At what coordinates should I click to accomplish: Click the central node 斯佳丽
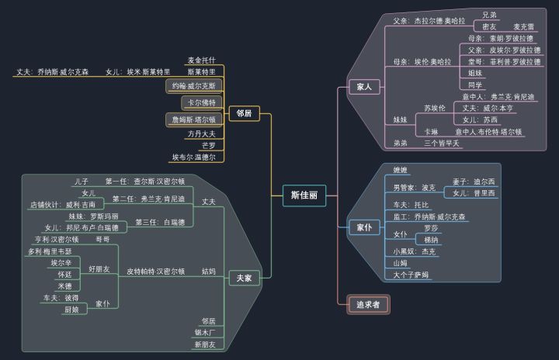(x=304, y=196)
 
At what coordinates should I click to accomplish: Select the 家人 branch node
(x=363, y=87)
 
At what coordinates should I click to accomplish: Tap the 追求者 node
(x=368, y=305)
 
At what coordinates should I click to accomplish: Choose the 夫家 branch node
(x=244, y=279)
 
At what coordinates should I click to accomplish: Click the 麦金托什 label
(x=201, y=60)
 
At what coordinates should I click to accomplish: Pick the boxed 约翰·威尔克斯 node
(x=194, y=86)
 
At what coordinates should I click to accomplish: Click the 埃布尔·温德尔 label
(x=198, y=157)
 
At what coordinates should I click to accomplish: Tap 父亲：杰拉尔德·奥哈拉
(x=429, y=21)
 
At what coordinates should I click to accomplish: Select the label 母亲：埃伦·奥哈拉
(x=422, y=61)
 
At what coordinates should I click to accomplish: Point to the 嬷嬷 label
(x=400, y=170)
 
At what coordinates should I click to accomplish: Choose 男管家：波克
(x=414, y=187)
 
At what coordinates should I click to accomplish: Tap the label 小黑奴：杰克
(x=414, y=251)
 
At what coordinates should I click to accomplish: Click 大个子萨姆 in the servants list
(x=411, y=275)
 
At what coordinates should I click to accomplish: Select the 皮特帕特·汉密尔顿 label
(x=155, y=272)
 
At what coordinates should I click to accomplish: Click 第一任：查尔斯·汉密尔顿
(x=144, y=182)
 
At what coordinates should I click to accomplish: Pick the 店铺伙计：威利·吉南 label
(x=62, y=205)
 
